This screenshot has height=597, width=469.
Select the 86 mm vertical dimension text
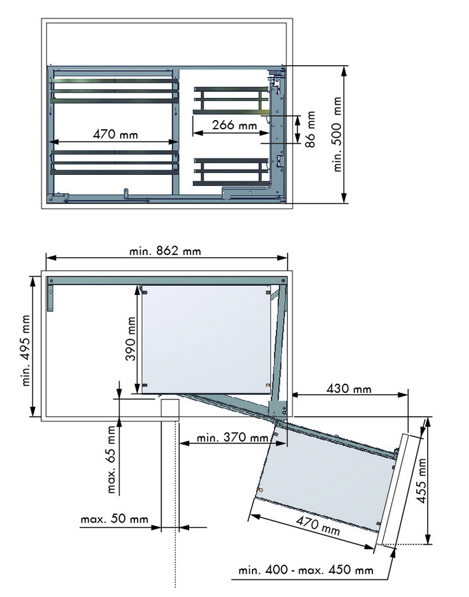click(310, 129)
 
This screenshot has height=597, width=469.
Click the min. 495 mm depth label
click(26, 350)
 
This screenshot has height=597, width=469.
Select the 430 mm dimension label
click(349, 390)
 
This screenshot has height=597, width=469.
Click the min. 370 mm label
click(232, 438)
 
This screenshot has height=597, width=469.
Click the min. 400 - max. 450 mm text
click(306, 570)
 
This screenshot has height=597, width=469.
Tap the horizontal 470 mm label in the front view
click(115, 135)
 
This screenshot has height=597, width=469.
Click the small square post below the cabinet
click(170, 409)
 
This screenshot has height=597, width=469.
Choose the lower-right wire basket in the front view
click(232, 171)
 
